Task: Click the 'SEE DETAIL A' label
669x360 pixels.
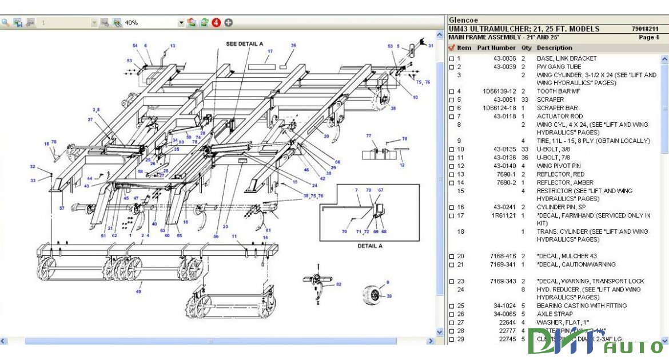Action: coord(244,43)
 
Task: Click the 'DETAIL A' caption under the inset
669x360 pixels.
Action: coord(369,246)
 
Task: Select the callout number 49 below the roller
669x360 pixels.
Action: coord(138,291)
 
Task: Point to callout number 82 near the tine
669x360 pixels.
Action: coord(339,284)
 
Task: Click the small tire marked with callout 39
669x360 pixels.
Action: coord(373,295)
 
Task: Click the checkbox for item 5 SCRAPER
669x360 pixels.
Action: coord(451,100)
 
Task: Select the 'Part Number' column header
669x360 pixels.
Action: coord(496,48)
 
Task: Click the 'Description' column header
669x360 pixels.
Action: coord(554,48)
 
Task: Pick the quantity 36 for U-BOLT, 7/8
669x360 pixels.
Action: coord(524,158)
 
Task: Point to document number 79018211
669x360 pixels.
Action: coord(645,29)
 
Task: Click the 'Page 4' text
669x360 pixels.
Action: coord(649,37)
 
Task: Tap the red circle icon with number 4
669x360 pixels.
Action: coord(216,23)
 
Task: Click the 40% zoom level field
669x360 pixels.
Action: coord(150,23)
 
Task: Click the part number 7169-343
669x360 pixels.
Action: coord(503,281)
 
